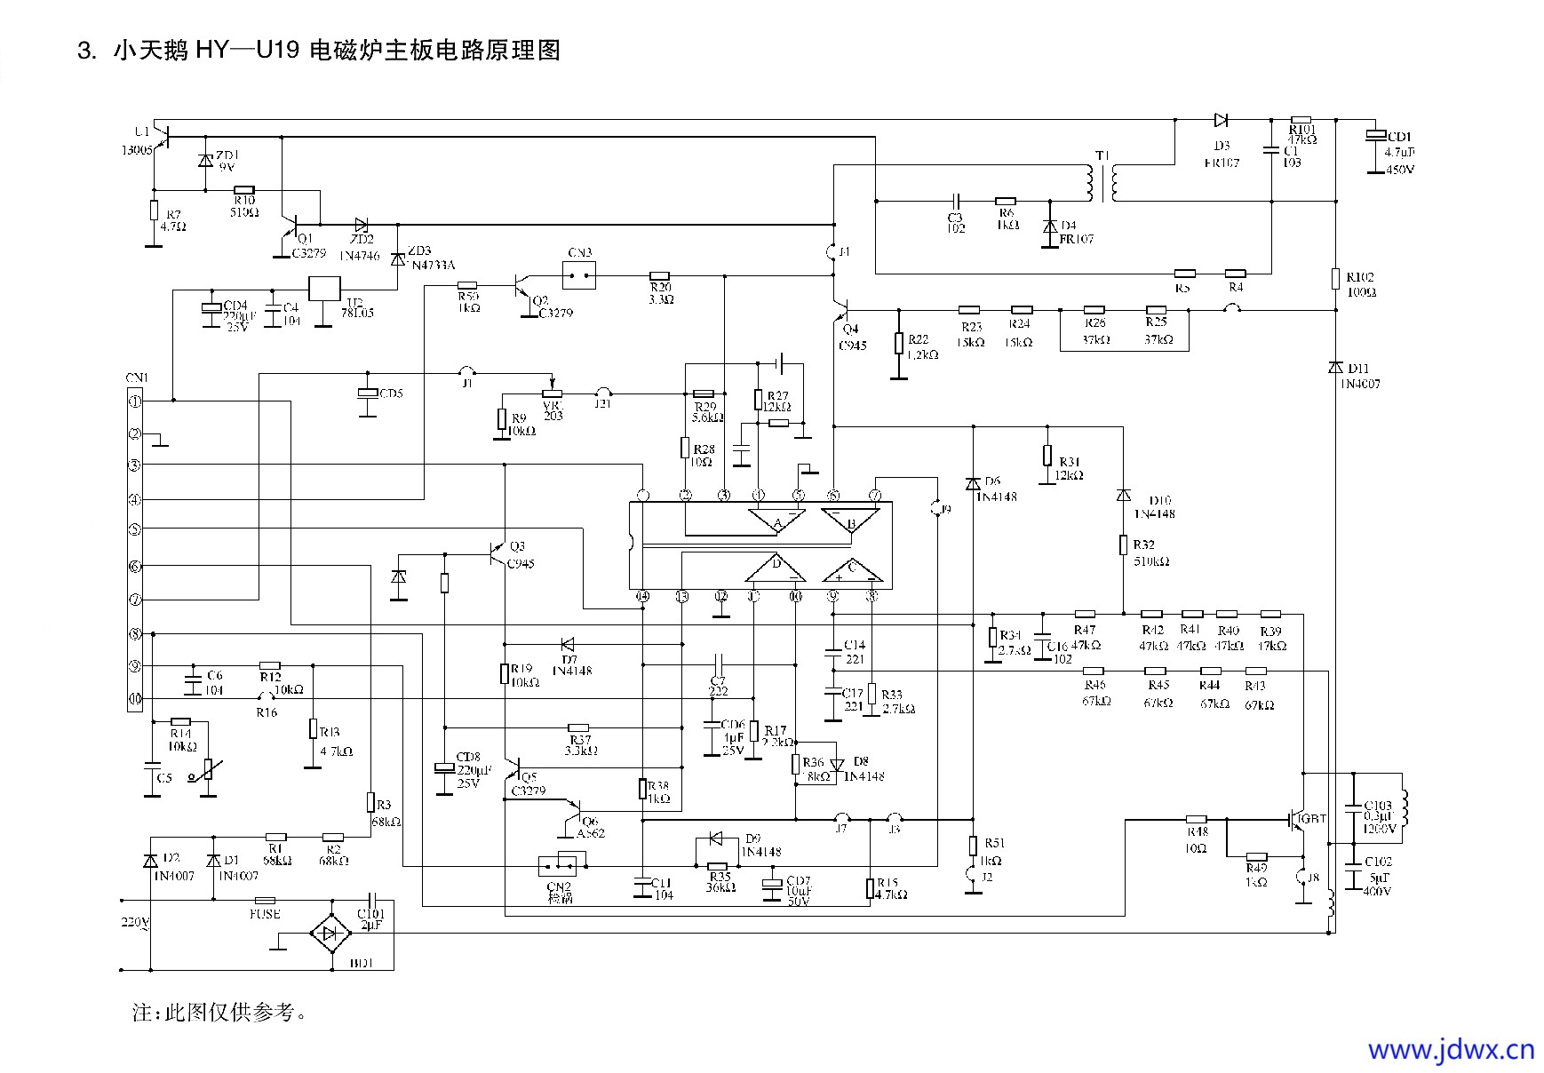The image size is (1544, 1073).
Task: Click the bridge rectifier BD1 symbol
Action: tap(330, 934)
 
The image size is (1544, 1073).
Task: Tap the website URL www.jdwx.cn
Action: tap(1451, 1050)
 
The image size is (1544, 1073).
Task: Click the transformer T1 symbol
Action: tap(1102, 182)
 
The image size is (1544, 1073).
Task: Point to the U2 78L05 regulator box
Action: tap(323, 290)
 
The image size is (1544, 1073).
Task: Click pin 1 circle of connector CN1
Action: tap(135, 401)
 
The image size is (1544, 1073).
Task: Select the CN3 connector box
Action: tap(579, 274)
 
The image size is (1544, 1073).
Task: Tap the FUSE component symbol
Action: tap(265, 900)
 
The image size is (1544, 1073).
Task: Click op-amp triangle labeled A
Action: tap(776, 521)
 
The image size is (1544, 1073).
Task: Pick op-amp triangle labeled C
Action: tap(851, 569)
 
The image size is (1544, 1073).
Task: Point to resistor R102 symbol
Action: tap(1334, 279)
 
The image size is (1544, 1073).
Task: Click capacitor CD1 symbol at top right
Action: tap(1374, 135)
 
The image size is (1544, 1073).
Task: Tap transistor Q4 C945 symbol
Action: tap(842, 310)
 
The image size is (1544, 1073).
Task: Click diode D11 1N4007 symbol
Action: tap(1334, 368)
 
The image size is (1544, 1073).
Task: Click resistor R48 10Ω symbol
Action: tap(1197, 819)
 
